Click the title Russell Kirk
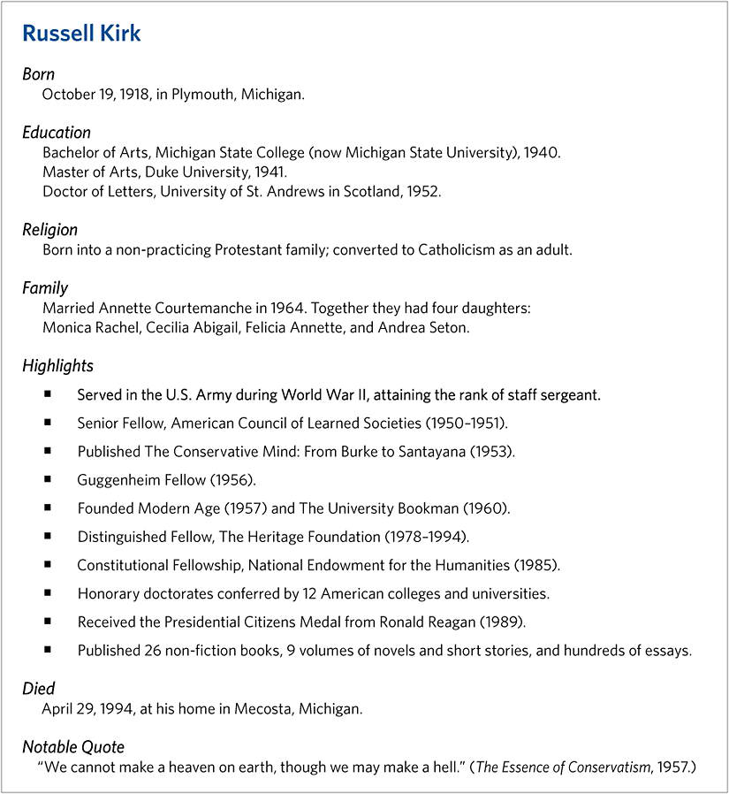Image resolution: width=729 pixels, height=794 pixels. coord(81,34)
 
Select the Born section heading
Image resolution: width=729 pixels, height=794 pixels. coord(38,74)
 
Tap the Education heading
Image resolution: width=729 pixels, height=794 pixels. coord(57,133)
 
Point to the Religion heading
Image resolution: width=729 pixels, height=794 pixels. coord(49,230)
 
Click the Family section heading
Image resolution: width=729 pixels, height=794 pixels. coord(45,288)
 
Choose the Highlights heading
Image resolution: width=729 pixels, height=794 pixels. coord(57,365)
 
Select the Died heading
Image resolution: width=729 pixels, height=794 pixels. coord(38,688)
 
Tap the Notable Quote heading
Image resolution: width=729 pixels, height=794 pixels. coord(73,747)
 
